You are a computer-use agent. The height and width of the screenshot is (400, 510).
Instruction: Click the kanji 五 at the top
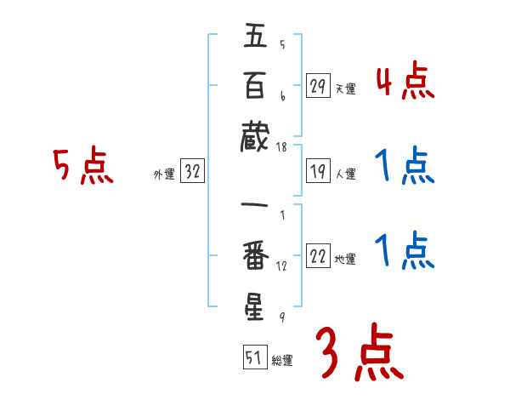tap(256, 37)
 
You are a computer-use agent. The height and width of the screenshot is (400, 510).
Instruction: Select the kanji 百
tap(256, 86)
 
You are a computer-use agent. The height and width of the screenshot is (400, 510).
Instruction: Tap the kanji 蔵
tap(256, 134)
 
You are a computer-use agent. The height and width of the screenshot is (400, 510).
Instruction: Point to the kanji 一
tap(256, 206)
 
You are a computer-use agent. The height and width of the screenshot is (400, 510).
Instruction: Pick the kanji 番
tap(256, 255)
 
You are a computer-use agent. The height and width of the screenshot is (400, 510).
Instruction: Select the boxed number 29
tap(318, 86)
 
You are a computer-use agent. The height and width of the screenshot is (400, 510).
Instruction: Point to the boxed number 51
tap(254, 358)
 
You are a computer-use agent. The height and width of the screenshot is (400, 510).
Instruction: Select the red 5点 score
tap(82, 166)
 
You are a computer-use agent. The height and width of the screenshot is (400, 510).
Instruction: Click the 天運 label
tap(346, 89)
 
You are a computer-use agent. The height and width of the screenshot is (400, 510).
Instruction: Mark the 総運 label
tap(282, 361)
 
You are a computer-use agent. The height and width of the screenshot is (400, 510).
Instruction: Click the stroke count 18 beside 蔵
tap(282, 147)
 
